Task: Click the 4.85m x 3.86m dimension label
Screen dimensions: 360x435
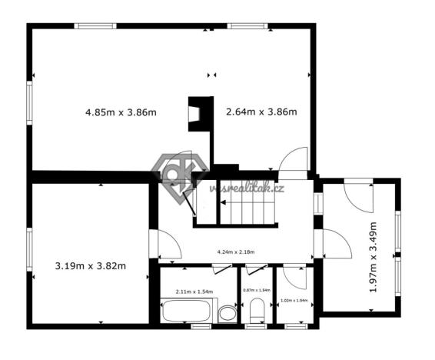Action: click(x=120, y=112)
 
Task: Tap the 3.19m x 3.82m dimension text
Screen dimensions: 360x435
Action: click(x=91, y=266)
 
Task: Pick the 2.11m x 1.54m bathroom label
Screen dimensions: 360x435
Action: click(x=194, y=292)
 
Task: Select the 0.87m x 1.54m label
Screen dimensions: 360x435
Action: click(x=257, y=290)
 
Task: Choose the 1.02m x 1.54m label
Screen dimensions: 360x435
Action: click(x=294, y=301)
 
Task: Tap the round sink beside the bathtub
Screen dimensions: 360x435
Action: click(x=227, y=314)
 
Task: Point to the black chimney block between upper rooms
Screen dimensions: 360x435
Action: click(x=201, y=111)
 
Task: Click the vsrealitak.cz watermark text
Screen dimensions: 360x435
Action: click(x=247, y=188)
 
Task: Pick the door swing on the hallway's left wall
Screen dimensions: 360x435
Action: click(x=168, y=245)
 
